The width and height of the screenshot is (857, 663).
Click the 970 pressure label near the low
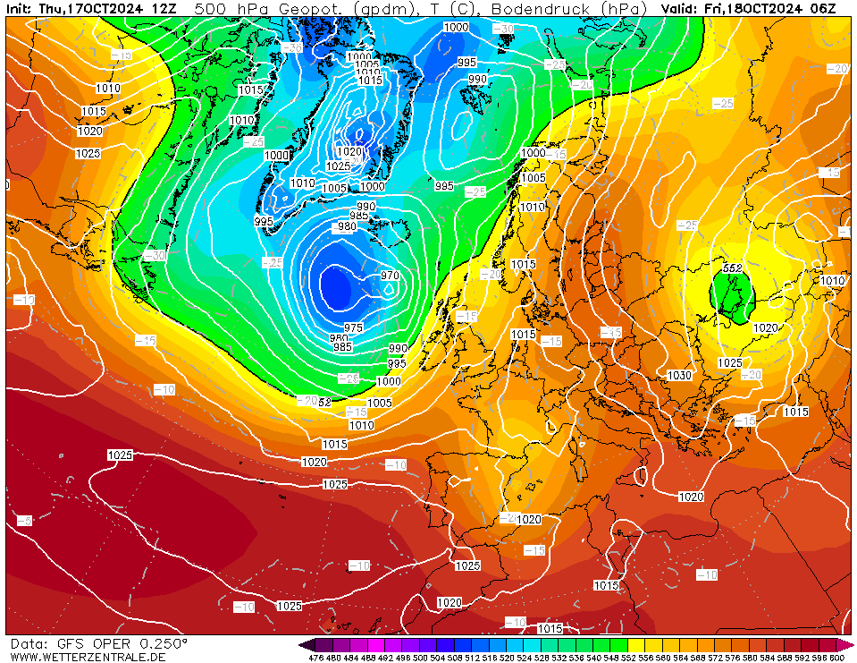pos(389,276)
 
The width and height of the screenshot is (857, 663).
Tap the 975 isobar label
pos(354,328)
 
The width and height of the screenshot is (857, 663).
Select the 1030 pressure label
pos(679,376)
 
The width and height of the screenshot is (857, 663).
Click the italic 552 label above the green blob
pos(733,268)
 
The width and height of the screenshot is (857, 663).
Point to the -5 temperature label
pos(23,520)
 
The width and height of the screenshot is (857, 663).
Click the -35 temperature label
pos(292,47)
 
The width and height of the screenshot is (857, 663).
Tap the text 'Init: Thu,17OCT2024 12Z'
pos(90,9)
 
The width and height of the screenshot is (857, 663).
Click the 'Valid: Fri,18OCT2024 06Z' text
pos(749,9)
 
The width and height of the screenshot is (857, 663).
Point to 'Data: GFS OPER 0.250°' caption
pos(99,643)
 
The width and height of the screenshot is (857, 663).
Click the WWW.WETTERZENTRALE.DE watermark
pos(88,657)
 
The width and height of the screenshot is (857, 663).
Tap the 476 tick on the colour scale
pos(315,658)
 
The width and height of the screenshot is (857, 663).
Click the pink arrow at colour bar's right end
pos(846,644)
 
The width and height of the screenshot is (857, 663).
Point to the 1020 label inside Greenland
pos(351,151)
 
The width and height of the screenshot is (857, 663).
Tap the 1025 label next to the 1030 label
pos(730,363)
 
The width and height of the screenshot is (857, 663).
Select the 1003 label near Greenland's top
pos(367,65)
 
